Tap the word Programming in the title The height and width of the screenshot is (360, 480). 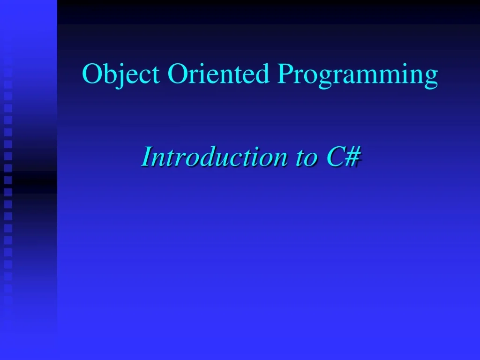point(357,75)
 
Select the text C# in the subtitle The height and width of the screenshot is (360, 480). point(343,157)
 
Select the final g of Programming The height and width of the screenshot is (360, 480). point(431,78)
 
